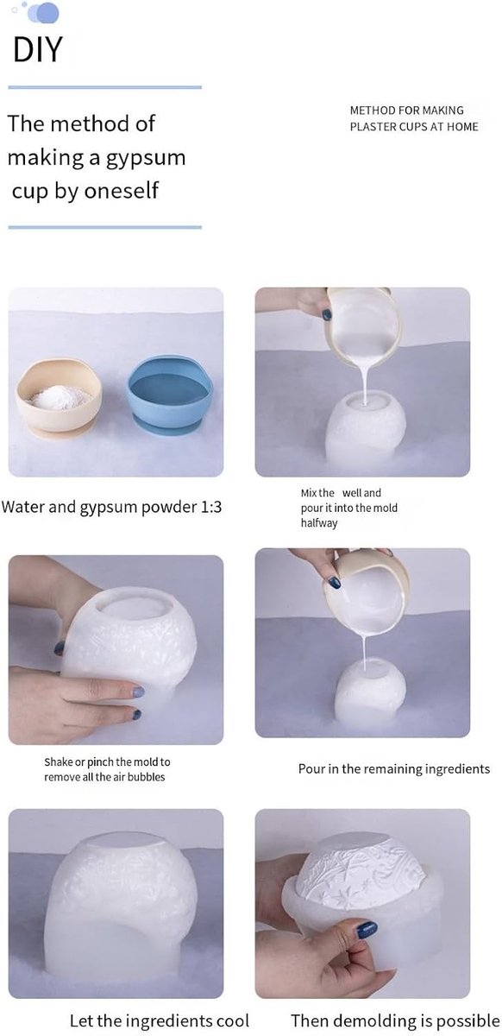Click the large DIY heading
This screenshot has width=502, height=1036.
tap(37, 49)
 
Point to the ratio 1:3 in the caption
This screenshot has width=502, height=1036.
tap(211, 507)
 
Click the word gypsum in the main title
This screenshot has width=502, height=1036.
tap(146, 159)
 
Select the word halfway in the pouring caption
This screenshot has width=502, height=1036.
tap(319, 522)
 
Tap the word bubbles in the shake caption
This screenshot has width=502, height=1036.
tap(146, 777)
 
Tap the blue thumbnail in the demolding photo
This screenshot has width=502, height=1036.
tap(366, 930)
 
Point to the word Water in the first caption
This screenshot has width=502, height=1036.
tap(22, 507)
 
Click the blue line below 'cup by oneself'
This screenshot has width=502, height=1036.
tap(105, 228)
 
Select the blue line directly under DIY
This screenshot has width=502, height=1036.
tap(105, 87)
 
